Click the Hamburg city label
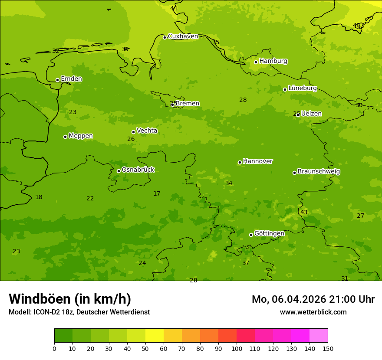click(x=273, y=61)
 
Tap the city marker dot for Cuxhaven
click(x=165, y=37)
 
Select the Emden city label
click(x=71, y=79)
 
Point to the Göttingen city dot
click(x=251, y=235)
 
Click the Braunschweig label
click(x=319, y=172)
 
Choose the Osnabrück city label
click(x=138, y=170)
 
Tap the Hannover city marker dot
click(x=240, y=162)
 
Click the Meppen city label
click(x=81, y=136)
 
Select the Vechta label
click(x=147, y=131)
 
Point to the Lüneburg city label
click(x=302, y=88)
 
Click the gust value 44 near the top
click(x=174, y=8)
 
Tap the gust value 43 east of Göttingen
click(x=304, y=212)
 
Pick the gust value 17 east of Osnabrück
click(x=157, y=193)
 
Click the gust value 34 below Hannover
click(x=229, y=183)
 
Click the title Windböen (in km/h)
click(x=70, y=299)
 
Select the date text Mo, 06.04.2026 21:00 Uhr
click(x=313, y=299)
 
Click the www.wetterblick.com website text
click(x=313, y=312)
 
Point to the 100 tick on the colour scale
click(x=237, y=348)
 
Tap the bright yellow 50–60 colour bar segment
click(x=155, y=336)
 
